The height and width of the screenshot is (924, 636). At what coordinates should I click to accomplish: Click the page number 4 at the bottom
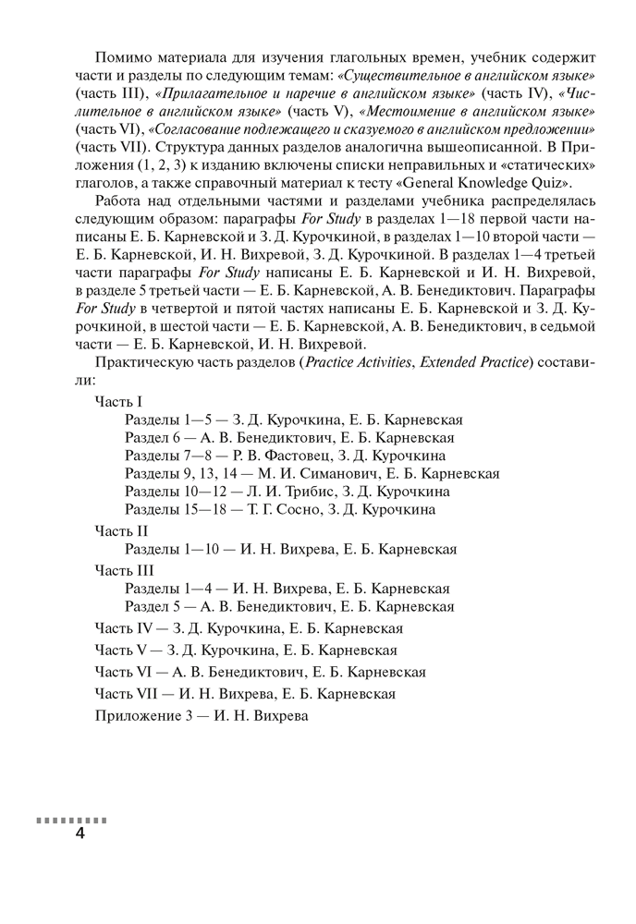pyautogui.click(x=79, y=834)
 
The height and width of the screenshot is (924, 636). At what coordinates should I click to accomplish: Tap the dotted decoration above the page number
pyautogui.click(x=71, y=819)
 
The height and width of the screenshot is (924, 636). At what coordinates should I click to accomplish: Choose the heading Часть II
pyautogui.click(x=121, y=530)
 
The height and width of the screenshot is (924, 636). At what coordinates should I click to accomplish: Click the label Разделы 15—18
pyautogui.click(x=172, y=508)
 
